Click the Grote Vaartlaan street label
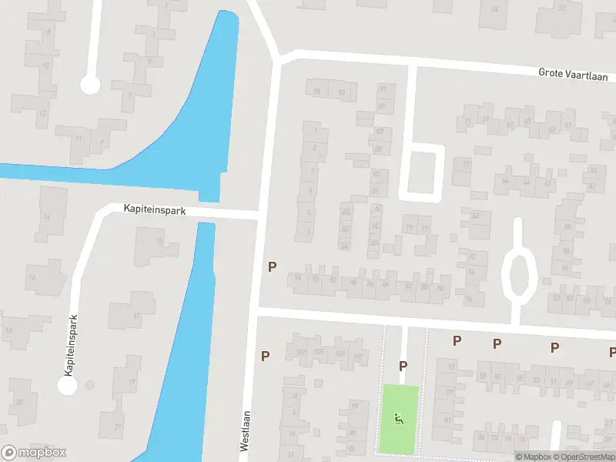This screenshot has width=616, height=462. coord(573,75)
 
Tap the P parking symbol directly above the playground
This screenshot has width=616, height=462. coord(402,367)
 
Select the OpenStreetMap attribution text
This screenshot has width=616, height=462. coord(588,457)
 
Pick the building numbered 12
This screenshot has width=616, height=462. coord(42,115)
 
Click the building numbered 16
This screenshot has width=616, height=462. coord(32,277)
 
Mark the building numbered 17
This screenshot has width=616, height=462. coord(136,316)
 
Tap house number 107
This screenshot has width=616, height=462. coord(301,353)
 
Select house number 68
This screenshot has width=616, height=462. coord(475,216)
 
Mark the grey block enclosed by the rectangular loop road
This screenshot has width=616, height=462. coord(421,172)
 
